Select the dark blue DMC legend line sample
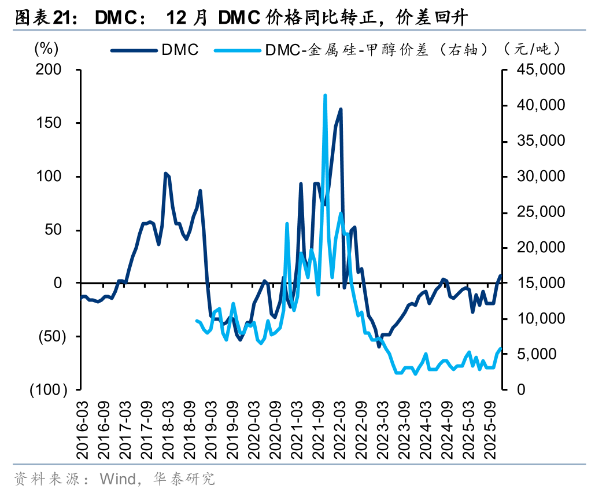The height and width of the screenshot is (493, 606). click(134, 50)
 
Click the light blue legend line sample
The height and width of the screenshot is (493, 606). click(237, 50)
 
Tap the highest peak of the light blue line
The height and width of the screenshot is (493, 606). click(325, 95)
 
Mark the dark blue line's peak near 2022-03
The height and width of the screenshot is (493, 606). click(341, 109)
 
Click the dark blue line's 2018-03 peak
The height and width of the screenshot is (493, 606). click(165, 173)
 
